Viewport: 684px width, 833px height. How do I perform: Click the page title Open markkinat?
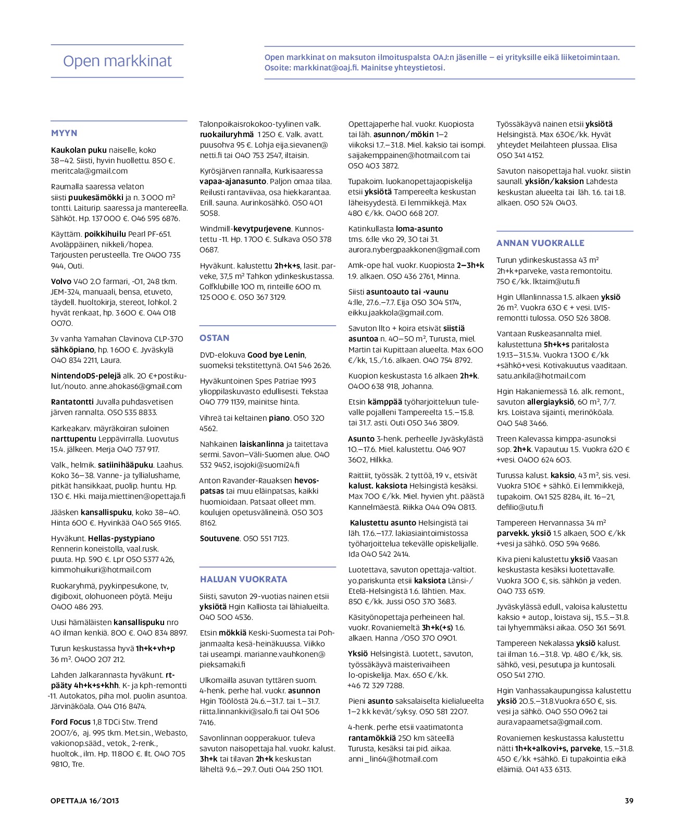[117, 61]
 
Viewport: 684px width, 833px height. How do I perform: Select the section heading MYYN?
[64, 133]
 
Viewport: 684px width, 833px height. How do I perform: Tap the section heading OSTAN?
[214, 338]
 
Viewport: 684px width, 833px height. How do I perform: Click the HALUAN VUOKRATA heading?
[243, 579]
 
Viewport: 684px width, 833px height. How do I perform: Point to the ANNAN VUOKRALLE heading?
[540, 243]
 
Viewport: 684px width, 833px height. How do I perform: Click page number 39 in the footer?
[629, 801]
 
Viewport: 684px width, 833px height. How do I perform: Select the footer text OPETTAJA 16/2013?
[85, 801]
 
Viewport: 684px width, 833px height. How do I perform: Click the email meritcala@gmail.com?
[89, 171]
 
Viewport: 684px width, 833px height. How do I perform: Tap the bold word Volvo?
[61, 281]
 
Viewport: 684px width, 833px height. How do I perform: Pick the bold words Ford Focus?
[71, 722]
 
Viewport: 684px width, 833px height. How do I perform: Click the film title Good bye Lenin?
[276, 355]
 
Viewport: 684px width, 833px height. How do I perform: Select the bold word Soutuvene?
[220, 538]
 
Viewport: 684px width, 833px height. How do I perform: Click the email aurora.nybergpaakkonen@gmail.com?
[414, 250]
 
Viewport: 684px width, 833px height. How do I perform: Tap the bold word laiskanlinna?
[262, 444]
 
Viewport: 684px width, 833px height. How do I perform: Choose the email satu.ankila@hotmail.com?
[541, 376]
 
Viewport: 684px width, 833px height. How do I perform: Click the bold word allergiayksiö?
[551, 402]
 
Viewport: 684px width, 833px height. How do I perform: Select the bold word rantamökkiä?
[371, 738]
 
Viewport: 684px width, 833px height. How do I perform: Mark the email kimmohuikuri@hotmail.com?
[101, 570]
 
